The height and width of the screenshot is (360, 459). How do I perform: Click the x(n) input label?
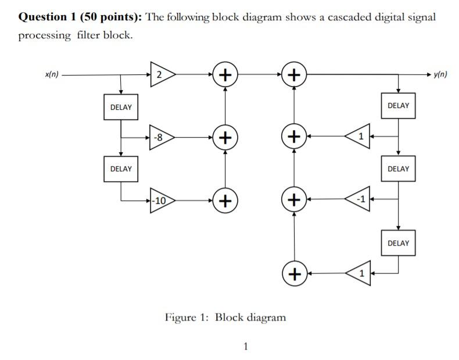52,74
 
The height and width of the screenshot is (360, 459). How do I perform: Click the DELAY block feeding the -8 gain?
121,107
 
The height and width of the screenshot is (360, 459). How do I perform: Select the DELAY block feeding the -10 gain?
121,169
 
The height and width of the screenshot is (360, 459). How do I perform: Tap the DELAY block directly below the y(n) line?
398,106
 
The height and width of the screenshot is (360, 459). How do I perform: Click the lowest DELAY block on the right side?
398,243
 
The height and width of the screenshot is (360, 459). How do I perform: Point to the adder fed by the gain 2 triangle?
225,75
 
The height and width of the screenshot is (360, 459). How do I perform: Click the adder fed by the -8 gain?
225,138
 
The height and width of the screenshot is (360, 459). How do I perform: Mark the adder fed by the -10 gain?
225,201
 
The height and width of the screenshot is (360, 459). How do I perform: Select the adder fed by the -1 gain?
295,200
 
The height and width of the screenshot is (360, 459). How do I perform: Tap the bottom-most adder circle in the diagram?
295,273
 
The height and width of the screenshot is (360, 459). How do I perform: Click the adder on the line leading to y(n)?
295,75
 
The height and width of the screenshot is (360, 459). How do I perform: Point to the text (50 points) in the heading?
106,17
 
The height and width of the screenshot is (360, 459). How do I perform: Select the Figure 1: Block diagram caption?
225,317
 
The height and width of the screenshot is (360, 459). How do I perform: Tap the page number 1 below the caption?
245,347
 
